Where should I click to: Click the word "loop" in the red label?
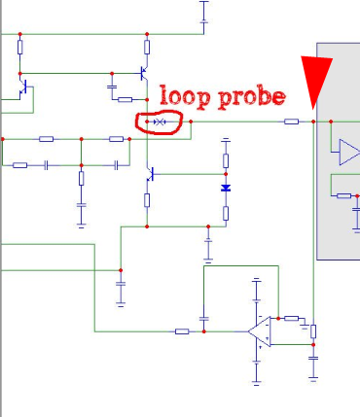pos(185,96)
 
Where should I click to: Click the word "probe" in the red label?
pos(252,97)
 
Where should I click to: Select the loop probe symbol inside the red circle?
pos(160,122)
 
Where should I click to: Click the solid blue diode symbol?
pos(226,188)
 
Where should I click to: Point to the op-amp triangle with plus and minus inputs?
pos(261,331)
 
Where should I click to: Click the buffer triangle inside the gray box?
pos(349,152)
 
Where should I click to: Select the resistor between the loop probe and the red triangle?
pos(291,122)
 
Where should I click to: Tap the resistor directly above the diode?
pos(226,160)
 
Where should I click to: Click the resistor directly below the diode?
pos(226,213)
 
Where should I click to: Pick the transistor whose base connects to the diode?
pos(150,174)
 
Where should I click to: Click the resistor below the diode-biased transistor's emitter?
pos(147,200)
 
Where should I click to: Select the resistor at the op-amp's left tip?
pos(182,331)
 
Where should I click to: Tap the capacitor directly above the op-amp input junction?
pos(203,319)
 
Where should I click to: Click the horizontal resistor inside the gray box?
pos(343,195)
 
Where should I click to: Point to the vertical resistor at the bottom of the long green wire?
pos(313,331)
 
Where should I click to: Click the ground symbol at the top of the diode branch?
pos(226,140)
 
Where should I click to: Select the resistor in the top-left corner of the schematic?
pos(20,48)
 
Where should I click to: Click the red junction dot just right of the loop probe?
pos(191,122)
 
